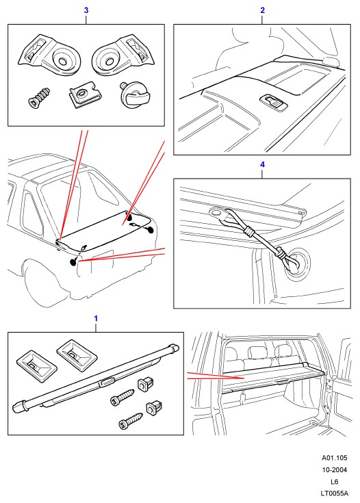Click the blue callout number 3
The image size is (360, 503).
(86, 10)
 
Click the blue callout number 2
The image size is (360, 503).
(262, 10)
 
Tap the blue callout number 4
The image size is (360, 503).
(262, 164)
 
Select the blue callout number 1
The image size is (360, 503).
(96, 318)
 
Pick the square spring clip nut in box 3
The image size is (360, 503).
(83, 94)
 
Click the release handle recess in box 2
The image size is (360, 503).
(274, 102)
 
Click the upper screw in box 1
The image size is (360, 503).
(122, 396)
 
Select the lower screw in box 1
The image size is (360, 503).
(130, 421)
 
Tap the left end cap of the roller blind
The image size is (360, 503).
(20, 406)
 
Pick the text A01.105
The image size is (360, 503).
(335, 458)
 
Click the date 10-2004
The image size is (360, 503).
(335, 470)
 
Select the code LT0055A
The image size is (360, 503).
(334, 493)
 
